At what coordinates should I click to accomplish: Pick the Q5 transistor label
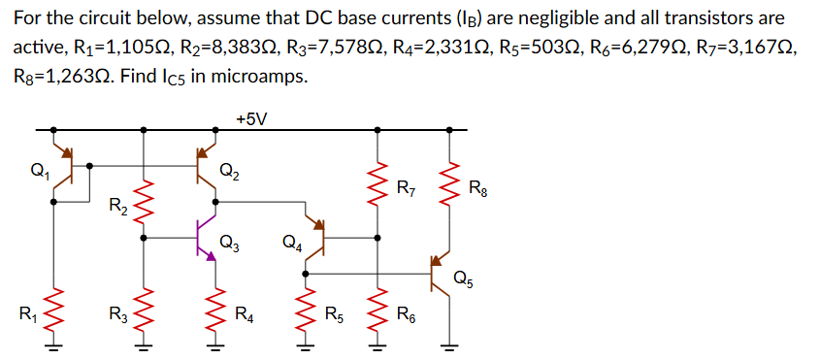click(x=464, y=279)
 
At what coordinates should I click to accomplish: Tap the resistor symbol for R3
click(x=145, y=311)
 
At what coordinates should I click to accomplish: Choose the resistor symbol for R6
click(x=377, y=311)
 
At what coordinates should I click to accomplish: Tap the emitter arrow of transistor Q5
click(x=438, y=261)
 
